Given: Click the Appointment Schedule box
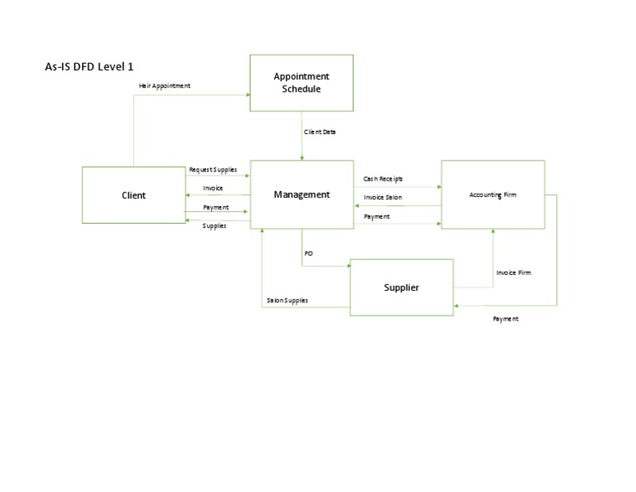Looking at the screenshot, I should click(301, 83).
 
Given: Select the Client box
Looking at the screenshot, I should click(133, 195).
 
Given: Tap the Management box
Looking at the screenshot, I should click(301, 195).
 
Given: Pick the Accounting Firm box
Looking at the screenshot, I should click(493, 195).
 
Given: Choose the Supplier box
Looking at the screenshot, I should click(402, 287).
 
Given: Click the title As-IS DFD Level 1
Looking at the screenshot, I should click(89, 66).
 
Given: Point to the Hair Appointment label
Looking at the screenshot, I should click(165, 86).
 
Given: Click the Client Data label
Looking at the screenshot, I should click(320, 132).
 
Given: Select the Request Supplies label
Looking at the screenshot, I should click(213, 170).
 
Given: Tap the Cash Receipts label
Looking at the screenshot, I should click(383, 179).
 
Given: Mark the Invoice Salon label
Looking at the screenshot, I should click(383, 197).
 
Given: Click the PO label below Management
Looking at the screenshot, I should click(308, 253).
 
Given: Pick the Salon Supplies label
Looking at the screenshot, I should click(287, 301).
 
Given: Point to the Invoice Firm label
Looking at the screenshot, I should click(513, 273).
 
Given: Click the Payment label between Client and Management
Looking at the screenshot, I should click(216, 207).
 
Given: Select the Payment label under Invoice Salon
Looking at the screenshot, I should click(377, 217).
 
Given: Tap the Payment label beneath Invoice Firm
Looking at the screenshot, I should click(505, 319).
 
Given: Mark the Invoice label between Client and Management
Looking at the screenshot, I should click(213, 189).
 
